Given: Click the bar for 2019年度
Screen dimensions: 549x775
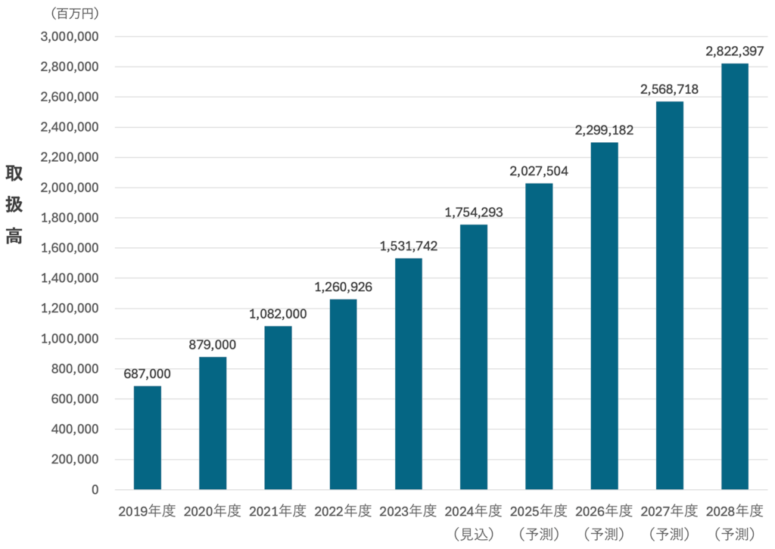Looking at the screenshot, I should click(x=148, y=438).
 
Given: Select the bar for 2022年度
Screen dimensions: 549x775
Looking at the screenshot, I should click(x=343, y=394).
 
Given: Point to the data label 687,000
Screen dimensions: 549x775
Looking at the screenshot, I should click(x=148, y=374).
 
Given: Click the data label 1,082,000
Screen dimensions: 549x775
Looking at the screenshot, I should click(x=278, y=314).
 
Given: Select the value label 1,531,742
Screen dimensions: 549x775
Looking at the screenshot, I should click(x=409, y=246).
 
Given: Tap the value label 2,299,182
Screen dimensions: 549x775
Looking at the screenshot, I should click(x=604, y=130).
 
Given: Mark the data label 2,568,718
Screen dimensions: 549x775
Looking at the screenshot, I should click(x=669, y=89).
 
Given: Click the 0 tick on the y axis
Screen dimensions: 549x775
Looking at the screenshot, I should click(x=95, y=490).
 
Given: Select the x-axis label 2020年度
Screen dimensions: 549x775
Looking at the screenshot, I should click(x=213, y=511).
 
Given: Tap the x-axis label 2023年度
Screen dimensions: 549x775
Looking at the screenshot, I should click(x=409, y=511).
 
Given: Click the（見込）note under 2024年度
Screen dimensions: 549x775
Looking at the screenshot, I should click(x=474, y=534).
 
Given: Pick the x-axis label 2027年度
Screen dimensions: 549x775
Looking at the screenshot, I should click(x=669, y=511).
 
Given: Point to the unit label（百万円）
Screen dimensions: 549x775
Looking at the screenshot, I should click(x=74, y=14).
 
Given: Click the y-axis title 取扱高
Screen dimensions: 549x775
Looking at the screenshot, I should click(x=14, y=204).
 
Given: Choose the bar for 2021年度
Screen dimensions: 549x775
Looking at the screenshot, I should click(x=278, y=408).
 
